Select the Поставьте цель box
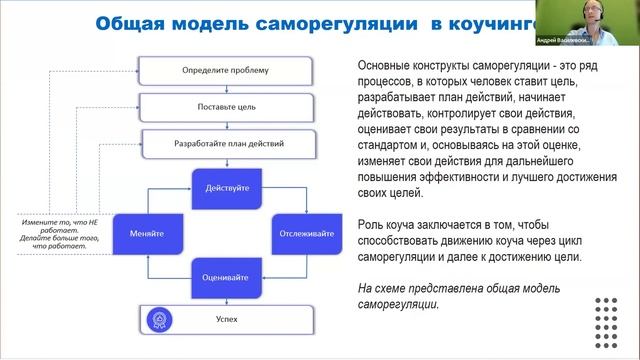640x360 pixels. point(210,105)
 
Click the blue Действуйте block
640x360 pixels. point(226,187)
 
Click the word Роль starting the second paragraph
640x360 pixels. point(370,222)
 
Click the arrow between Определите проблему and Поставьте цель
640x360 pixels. point(210,88)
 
